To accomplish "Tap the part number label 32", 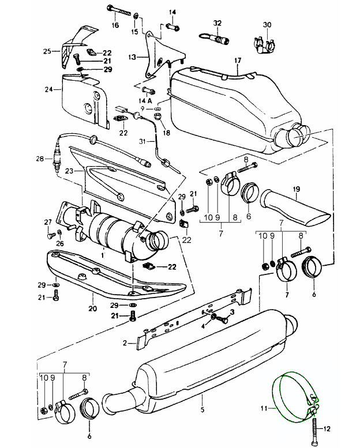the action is coord(217,22).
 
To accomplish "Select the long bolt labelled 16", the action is coord(119,10).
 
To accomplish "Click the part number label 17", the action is coord(238,61).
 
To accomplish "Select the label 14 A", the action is coord(145,101).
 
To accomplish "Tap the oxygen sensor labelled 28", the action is coord(57,157).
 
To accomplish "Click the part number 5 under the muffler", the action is coord(202,409).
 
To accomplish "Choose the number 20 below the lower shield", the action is coord(93,308).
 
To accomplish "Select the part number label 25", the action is coord(47,51).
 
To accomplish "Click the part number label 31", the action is coord(142,141).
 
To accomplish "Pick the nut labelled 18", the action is coord(157,116).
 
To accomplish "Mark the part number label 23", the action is coord(69,171).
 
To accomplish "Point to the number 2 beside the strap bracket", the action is coord(125,342).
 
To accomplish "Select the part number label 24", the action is coord(49,89).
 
